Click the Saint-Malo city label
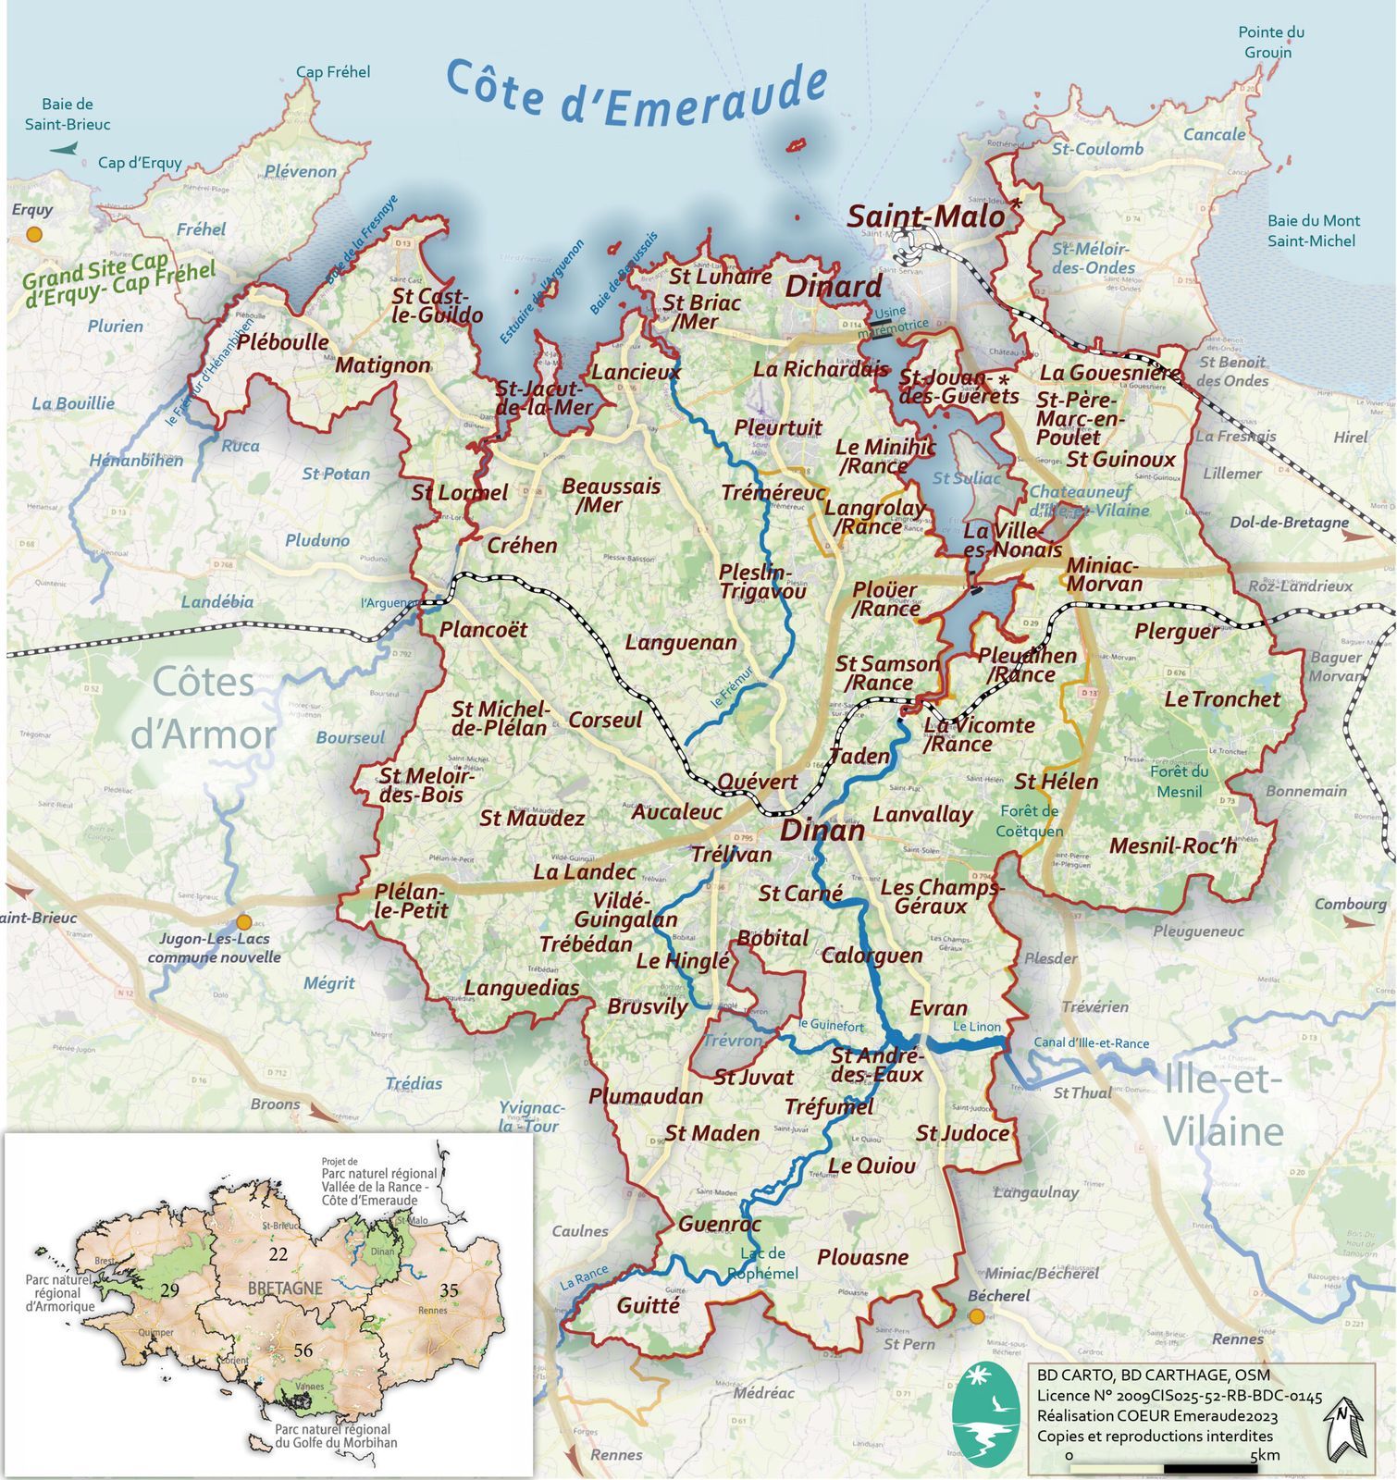(926, 216)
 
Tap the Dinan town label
(822, 830)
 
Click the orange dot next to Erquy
(34, 235)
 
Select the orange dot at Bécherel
(976, 1315)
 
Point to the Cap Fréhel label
(333, 72)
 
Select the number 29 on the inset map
(169, 1290)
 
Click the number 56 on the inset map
(303, 1350)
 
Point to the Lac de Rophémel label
(762, 1264)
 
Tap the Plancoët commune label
(483, 630)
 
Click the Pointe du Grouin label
(1270, 43)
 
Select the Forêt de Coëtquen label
(1029, 820)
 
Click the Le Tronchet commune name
(1221, 699)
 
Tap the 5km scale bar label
(1265, 1456)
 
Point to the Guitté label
(648, 1305)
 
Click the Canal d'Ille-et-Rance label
(1091, 1043)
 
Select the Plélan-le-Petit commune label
(411, 901)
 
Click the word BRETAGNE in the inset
(285, 1289)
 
